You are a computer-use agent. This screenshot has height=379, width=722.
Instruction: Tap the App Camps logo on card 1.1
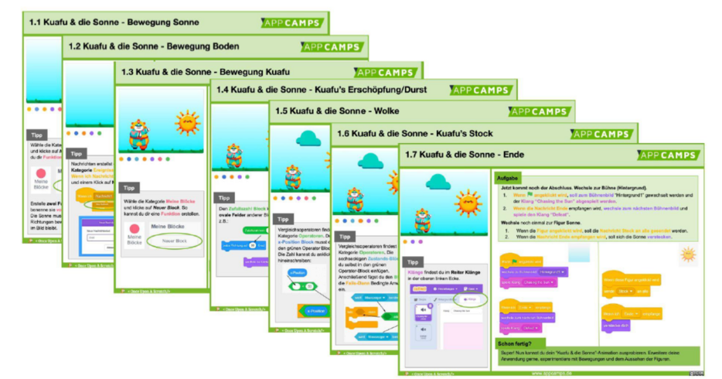coord(291,22)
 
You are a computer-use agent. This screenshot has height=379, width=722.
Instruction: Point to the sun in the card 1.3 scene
coord(187,121)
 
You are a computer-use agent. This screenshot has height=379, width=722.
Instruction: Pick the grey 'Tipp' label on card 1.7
coord(414,262)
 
